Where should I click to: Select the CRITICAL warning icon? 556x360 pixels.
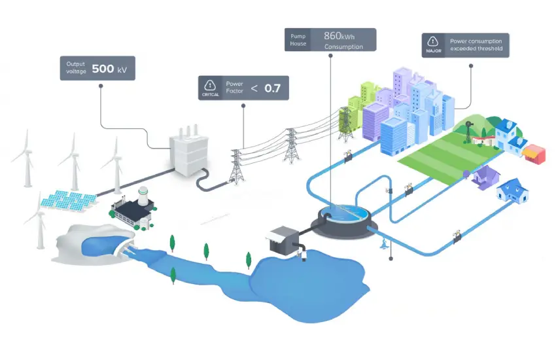coord(210,85)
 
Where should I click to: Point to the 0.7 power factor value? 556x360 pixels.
coord(272,88)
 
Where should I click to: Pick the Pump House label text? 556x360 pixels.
coord(298,40)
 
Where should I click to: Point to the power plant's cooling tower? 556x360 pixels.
coord(145,194)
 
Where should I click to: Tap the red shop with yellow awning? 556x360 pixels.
coord(533,152)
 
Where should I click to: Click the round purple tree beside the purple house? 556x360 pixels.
coord(466,174)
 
